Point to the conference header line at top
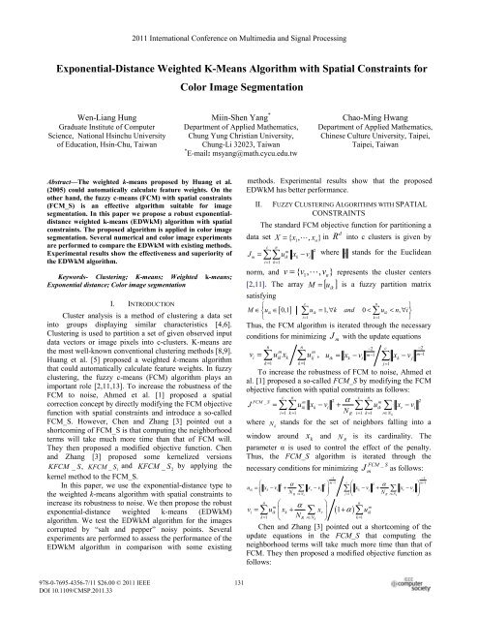pyautogui.click(x=239, y=15)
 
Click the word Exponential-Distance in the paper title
pyautogui.click(x=105, y=47)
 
